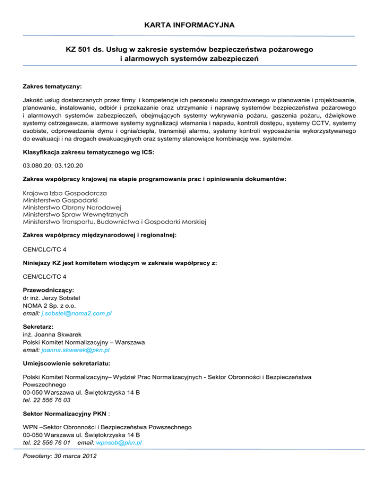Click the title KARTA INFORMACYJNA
click(189, 24)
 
